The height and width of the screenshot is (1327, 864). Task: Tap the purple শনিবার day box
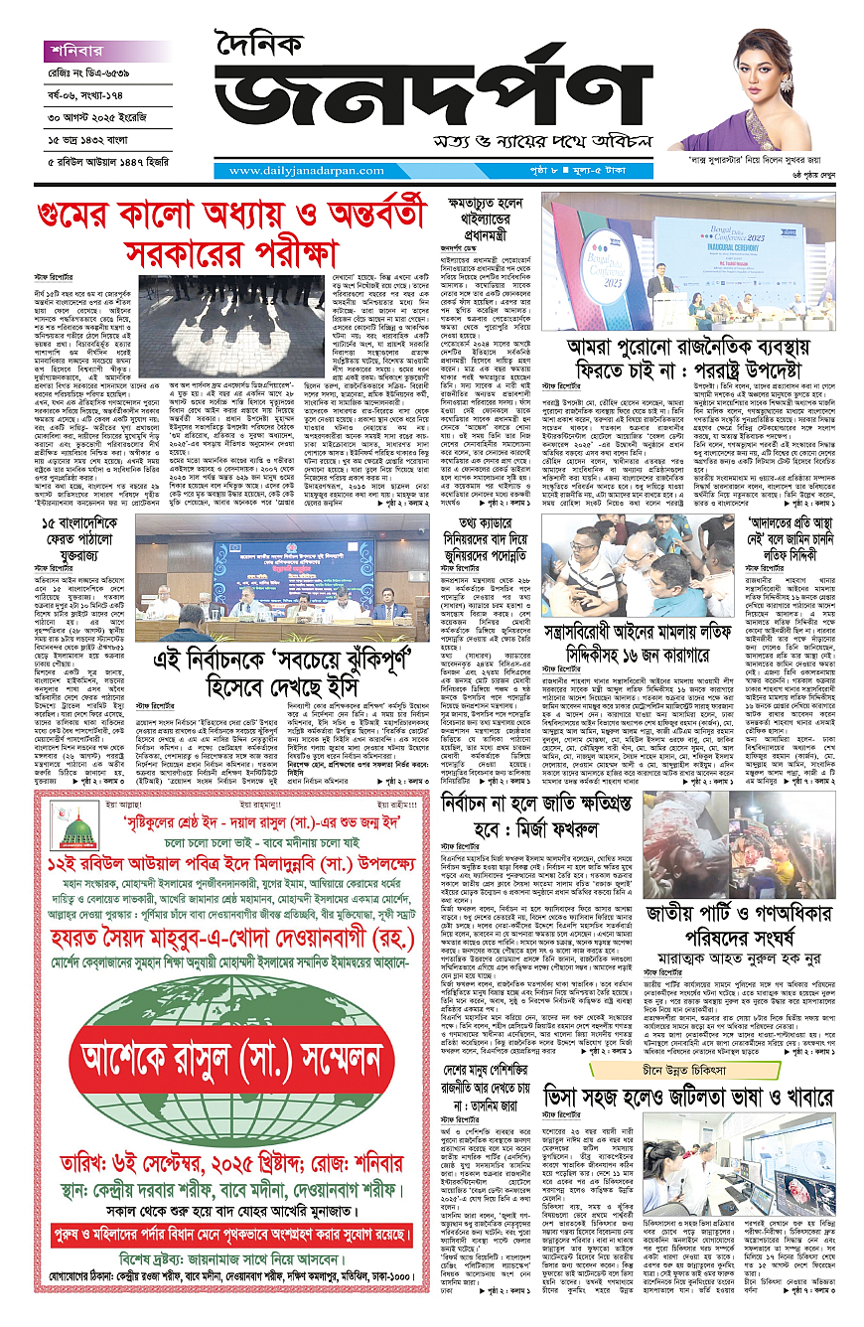coord(79,49)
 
